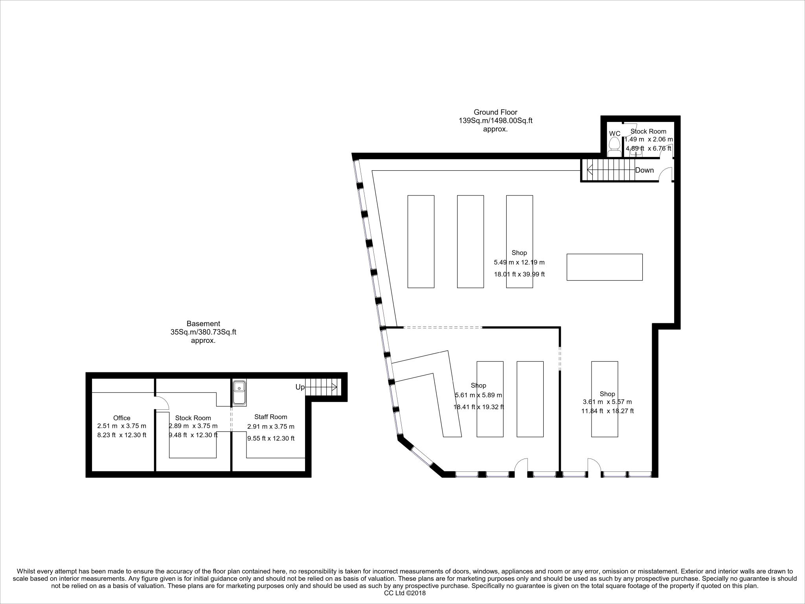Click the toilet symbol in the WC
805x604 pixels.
tap(614, 147)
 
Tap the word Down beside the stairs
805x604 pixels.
tap(644, 170)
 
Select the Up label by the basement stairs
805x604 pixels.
tap(300, 387)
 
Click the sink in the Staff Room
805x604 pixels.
tap(239, 392)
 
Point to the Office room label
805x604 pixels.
tap(121, 418)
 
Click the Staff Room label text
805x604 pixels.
tap(270, 417)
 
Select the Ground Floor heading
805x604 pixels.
tap(495, 112)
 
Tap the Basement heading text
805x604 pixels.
tap(203, 324)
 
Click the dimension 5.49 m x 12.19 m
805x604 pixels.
tap(519, 262)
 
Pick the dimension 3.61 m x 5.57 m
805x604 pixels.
tap(607, 402)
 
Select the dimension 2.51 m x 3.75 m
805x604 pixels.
tap(121, 426)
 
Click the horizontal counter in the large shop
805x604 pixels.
tap(604, 267)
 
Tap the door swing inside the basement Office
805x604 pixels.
tap(162, 403)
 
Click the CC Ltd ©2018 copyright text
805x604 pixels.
tap(404, 593)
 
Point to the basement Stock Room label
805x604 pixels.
tap(193, 418)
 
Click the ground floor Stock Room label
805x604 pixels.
tap(648, 131)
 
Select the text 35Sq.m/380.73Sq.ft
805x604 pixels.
tap(203, 332)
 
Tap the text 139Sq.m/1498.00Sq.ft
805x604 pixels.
tap(495, 121)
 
